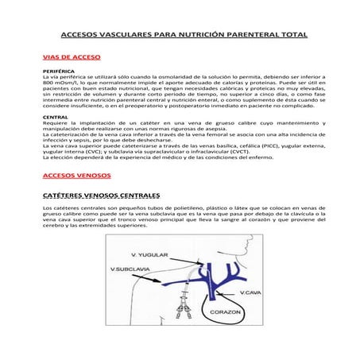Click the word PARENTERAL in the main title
(259, 37)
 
